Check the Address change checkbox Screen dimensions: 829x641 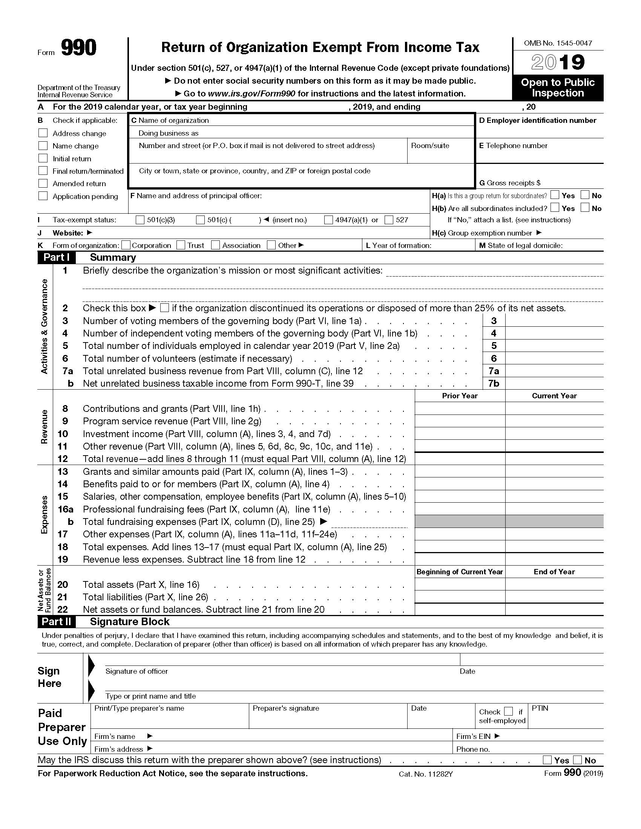point(43,133)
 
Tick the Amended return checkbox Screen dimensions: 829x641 point(43,184)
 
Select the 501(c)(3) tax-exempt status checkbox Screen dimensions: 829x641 point(140,220)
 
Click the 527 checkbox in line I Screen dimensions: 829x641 point(389,220)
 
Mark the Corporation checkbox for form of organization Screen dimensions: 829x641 point(126,245)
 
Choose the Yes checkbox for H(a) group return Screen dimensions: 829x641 point(555,195)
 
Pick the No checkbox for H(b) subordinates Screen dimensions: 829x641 point(585,208)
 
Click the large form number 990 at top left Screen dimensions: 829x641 point(78,48)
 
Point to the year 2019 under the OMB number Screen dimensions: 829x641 point(558,62)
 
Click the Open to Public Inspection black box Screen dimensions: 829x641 point(558,88)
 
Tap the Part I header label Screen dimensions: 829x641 point(56,257)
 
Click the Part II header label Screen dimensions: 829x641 point(56,622)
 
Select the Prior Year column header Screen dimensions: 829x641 point(460,396)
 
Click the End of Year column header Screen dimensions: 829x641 point(554,572)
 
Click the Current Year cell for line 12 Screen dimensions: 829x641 point(554,459)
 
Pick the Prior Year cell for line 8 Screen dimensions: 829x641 point(460,409)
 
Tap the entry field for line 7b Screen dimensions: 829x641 point(554,383)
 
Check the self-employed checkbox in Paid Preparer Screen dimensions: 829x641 point(509,711)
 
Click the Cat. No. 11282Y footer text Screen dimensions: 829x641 point(426,774)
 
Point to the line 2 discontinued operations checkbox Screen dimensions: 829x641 point(164,308)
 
